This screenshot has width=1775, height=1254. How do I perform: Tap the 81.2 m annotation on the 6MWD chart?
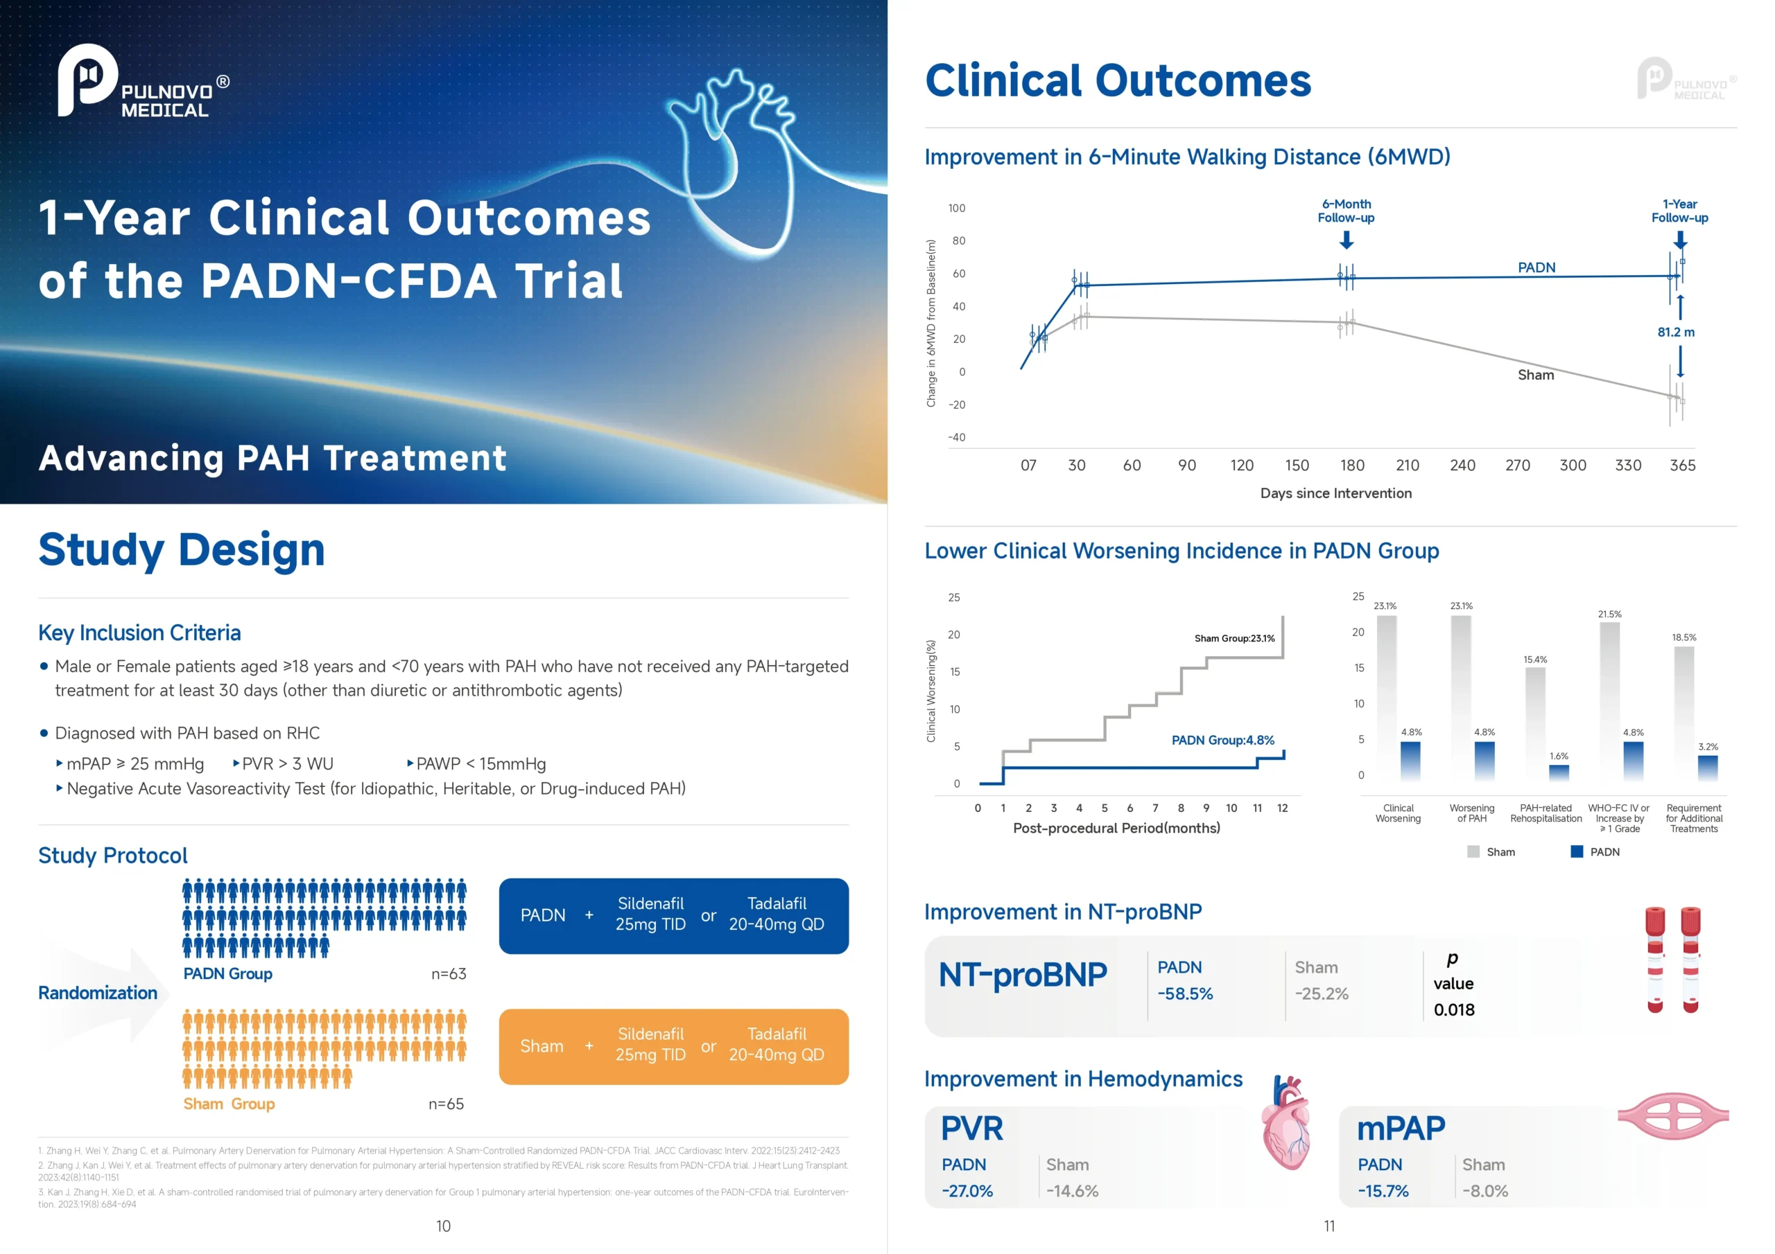pyautogui.click(x=1675, y=333)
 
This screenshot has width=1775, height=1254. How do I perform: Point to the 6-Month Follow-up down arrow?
pyautogui.click(x=1346, y=240)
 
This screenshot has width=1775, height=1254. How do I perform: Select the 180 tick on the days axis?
pyautogui.click(x=1352, y=465)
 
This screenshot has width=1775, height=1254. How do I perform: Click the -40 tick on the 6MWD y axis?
pyautogui.click(x=956, y=437)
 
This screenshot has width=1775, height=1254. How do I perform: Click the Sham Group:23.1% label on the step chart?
pyautogui.click(x=1234, y=638)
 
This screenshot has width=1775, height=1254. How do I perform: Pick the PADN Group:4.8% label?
pyautogui.click(x=1222, y=740)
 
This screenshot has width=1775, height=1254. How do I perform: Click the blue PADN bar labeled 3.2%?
pyautogui.click(x=1707, y=768)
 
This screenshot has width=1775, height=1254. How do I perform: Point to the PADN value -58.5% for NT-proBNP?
pyautogui.click(x=1184, y=994)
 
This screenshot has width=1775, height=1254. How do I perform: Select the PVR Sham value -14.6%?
pyautogui.click(x=1071, y=1191)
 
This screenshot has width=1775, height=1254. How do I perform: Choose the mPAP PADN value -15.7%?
pyautogui.click(x=1383, y=1191)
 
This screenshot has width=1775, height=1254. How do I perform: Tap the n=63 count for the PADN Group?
pyautogui.click(x=449, y=973)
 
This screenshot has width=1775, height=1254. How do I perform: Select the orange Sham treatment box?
pyautogui.click(x=673, y=1046)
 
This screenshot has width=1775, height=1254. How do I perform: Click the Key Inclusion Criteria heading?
pyautogui.click(x=139, y=633)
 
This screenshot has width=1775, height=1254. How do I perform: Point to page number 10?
pyautogui.click(x=443, y=1226)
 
